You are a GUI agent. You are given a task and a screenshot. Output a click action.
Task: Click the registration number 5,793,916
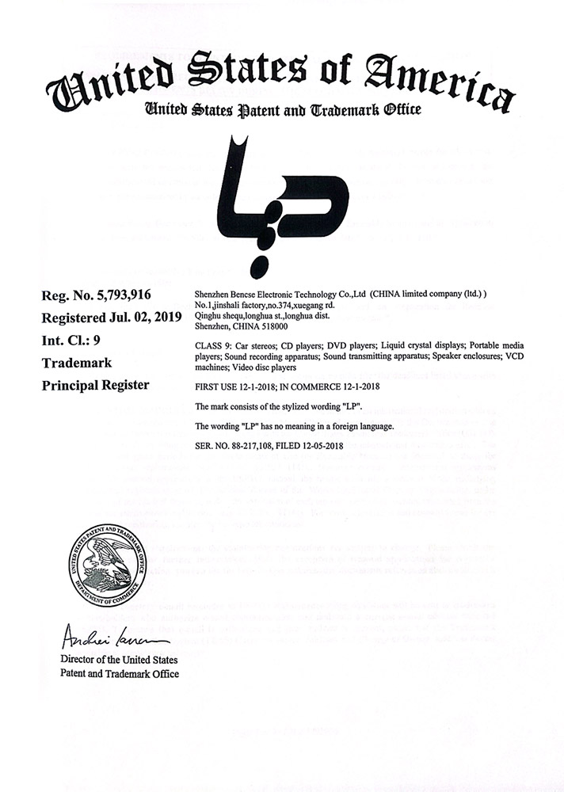tap(117, 296)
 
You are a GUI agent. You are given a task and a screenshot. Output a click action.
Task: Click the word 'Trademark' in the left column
tap(76, 363)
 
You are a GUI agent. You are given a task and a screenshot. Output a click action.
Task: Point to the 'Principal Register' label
tap(95, 386)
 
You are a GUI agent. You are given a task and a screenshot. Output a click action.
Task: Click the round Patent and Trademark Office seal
tap(107, 565)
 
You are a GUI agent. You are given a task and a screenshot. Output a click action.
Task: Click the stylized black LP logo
tap(282, 196)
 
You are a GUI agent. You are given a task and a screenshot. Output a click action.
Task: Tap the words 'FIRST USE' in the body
tap(216, 386)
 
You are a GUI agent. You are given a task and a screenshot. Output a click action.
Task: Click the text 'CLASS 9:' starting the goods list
tap(212, 346)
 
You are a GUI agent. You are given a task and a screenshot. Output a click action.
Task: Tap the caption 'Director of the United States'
tap(119, 660)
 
